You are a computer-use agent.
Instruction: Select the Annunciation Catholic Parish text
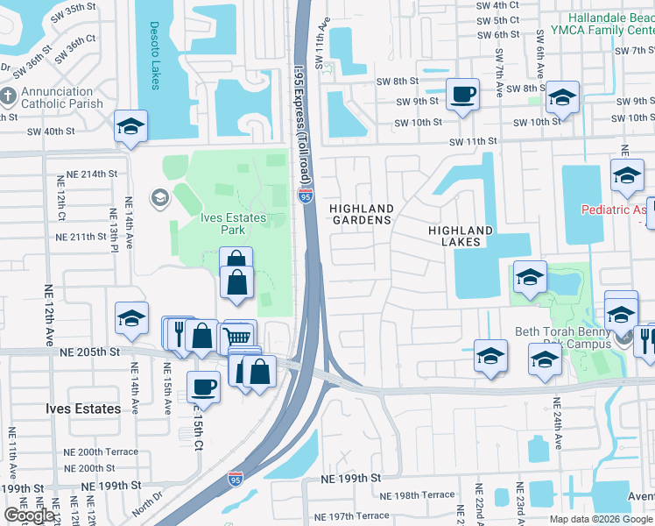click(x=57, y=97)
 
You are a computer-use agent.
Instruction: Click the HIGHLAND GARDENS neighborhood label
click(x=361, y=214)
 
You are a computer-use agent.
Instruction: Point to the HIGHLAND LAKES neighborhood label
click(x=460, y=236)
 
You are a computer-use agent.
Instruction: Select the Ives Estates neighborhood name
click(x=83, y=409)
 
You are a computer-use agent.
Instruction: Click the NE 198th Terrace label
click(x=425, y=494)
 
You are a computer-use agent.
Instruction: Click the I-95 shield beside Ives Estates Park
click(x=305, y=198)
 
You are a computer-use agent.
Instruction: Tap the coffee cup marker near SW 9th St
click(x=462, y=94)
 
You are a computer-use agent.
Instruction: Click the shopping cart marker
click(x=239, y=336)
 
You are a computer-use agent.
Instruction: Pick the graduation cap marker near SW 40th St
click(x=130, y=126)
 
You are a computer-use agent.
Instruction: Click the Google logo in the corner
click(x=29, y=515)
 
